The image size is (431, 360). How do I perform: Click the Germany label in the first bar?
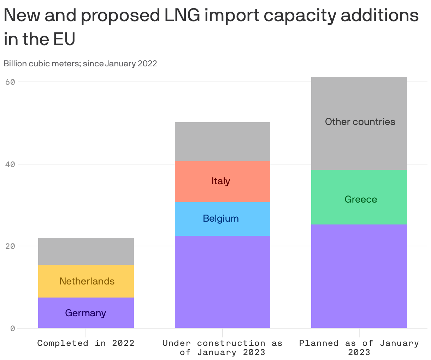[x=85, y=313]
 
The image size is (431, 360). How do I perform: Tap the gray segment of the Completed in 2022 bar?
[x=86, y=251]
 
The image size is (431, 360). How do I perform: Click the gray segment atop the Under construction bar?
[x=222, y=142]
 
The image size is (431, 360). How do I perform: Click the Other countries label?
[x=360, y=122]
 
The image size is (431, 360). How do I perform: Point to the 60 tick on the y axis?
[x=10, y=82]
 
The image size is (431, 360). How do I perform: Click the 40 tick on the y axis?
[x=10, y=164]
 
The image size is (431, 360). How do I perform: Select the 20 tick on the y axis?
[x=10, y=246]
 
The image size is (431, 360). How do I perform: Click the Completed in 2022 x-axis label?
[x=86, y=343]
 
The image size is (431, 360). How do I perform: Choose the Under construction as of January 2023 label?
[x=222, y=348]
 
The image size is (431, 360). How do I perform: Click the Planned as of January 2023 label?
[x=359, y=348]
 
